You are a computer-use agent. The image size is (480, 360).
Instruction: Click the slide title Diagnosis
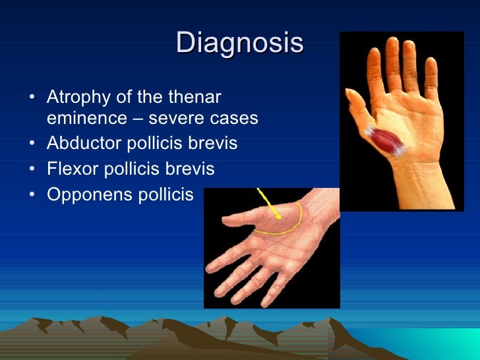(x=240, y=43)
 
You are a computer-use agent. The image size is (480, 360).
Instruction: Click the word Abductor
(x=78, y=144)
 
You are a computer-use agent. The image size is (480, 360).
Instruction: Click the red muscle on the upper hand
(x=386, y=141)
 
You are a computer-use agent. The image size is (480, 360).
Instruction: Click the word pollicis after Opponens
(x=168, y=195)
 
